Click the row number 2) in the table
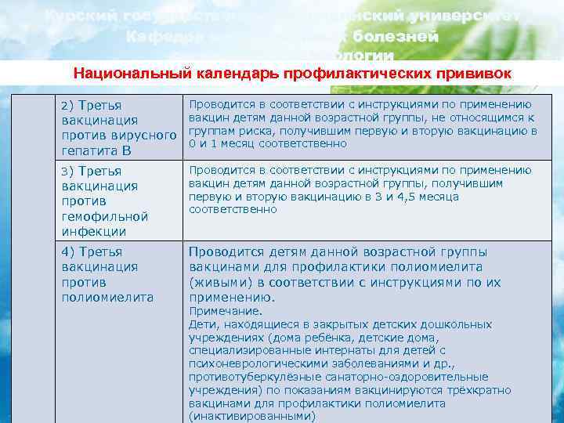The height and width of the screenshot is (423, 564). coord(67,105)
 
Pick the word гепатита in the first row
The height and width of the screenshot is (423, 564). coord(86,150)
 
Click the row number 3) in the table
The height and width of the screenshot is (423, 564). coord(67,171)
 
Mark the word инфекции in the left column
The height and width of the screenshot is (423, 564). coord(93,232)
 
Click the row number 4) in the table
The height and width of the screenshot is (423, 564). coord(67,252)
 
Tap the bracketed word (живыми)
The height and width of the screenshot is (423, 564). coord(219,282)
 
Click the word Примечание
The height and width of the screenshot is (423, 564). coord(219,311)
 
